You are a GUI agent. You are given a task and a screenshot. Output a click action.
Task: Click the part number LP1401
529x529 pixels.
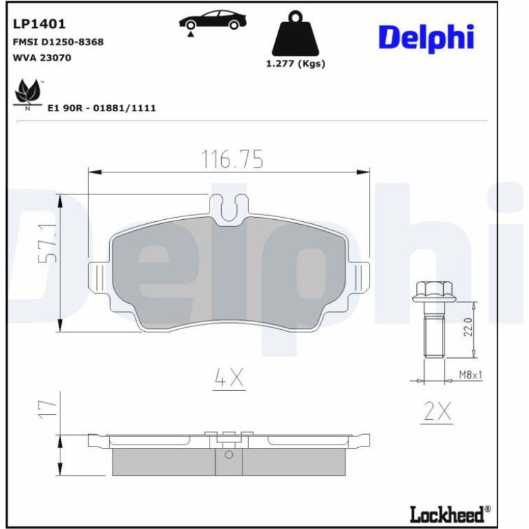point(39,24)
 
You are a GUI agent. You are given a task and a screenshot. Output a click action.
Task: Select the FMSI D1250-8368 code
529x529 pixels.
point(58,42)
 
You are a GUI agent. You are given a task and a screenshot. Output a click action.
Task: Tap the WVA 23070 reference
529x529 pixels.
point(42,58)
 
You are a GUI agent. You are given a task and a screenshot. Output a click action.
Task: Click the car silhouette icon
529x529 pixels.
point(212,20)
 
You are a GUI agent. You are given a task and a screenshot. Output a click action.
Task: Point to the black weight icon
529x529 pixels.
point(295,34)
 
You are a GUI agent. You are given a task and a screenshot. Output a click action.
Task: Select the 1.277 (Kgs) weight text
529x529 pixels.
point(295,63)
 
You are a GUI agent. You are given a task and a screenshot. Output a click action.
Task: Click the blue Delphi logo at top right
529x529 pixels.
point(427,38)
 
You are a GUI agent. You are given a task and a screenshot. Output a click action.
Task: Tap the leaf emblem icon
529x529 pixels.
point(28,93)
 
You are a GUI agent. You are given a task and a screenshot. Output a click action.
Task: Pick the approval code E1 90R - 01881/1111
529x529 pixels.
point(102,108)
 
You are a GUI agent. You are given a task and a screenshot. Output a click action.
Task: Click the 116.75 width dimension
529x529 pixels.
point(232,159)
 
